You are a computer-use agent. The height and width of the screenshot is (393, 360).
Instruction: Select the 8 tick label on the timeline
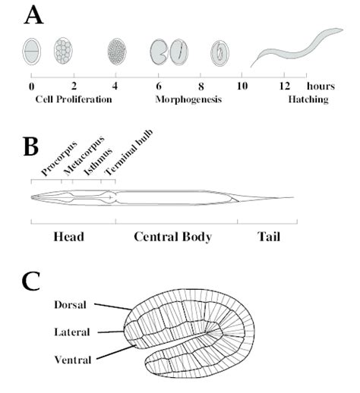tap(201, 86)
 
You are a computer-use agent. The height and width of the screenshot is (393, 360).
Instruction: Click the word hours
tap(321, 86)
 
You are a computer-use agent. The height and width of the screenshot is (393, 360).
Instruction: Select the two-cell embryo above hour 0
tap(32, 51)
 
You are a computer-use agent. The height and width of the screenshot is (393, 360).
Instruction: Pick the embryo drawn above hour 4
tap(116, 51)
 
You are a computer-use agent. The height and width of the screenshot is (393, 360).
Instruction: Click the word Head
tap(68, 237)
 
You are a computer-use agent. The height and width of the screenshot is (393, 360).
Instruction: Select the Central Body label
tap(172, 237)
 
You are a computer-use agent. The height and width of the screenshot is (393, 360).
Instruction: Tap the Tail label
tap(268, 237)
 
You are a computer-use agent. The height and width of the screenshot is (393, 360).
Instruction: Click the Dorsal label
tap(71, 305)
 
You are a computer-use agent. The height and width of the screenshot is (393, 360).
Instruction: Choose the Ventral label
tap(71, 359)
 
